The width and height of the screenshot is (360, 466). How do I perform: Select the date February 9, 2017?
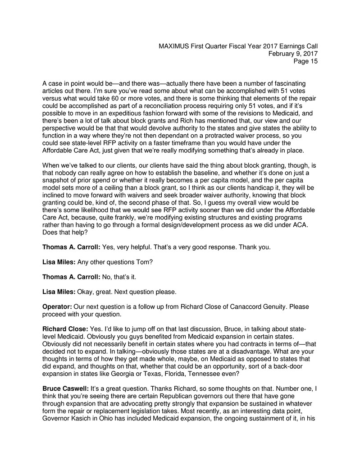tap(293, 54)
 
